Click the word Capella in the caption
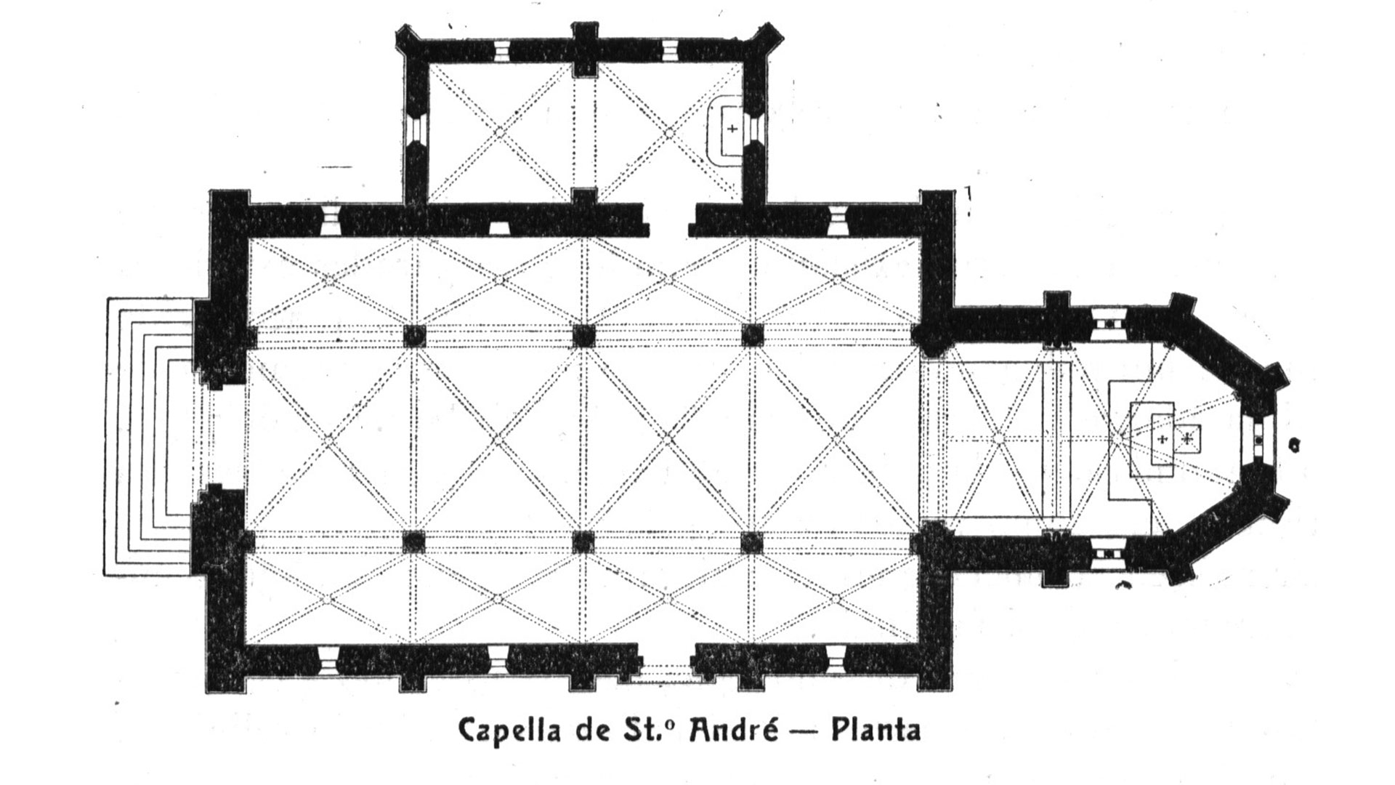509,730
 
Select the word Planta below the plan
876,730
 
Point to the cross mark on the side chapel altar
732,129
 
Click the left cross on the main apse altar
1163,438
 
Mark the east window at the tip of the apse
1258,439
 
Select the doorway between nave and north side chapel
668,221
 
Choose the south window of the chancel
1109,556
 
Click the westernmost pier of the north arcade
414,336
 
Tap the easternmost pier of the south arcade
752,542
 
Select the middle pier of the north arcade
583,336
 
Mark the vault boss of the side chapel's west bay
499,132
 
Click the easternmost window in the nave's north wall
838,220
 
